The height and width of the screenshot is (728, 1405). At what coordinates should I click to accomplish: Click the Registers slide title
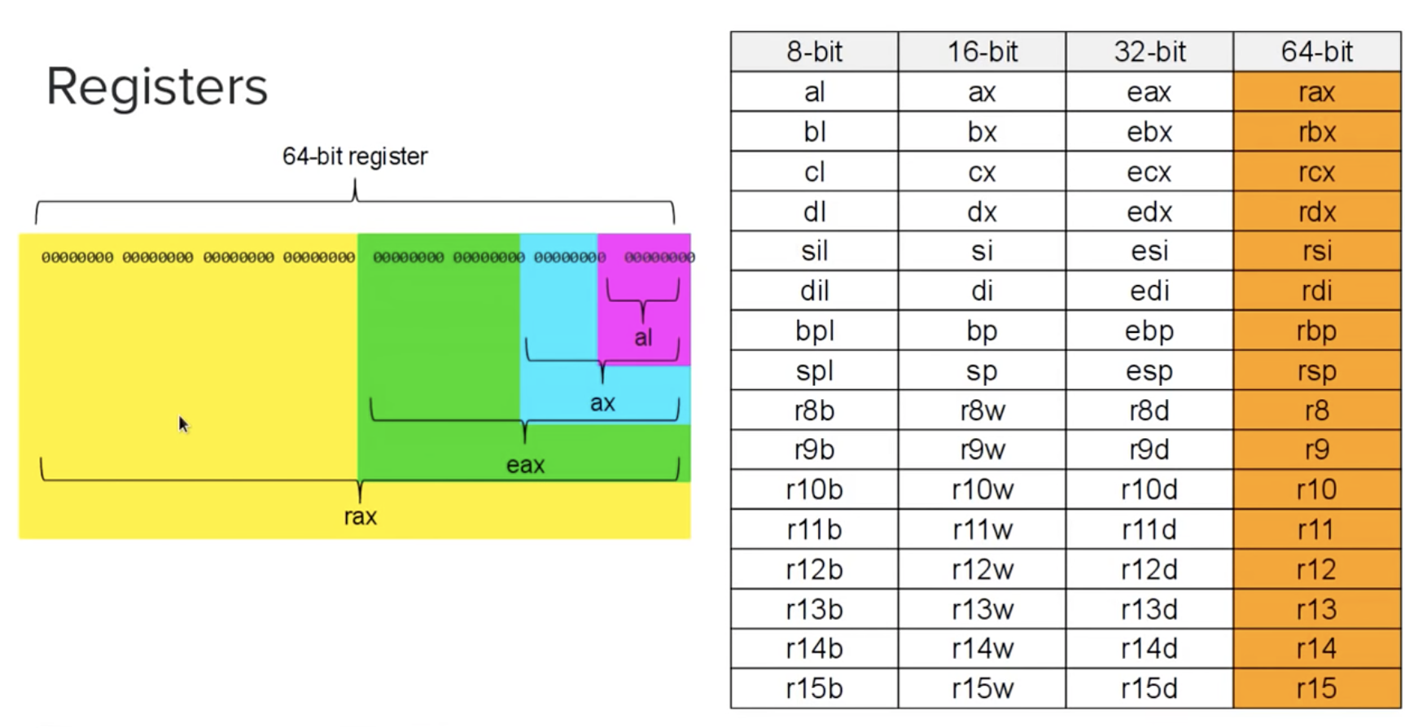[x=156, y=86]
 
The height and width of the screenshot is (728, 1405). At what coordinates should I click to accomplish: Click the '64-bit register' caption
[x=354, y=156]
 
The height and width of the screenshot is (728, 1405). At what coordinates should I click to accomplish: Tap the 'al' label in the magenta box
[x=643, y=337]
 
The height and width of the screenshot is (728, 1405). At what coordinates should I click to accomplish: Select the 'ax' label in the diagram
[x=602, y=402]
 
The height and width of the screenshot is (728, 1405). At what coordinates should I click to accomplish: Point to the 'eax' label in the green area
[x=525, y=465]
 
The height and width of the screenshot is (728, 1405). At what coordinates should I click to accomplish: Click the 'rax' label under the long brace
[x=360, y=516]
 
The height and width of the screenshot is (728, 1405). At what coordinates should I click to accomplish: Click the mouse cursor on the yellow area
[x=182, y=423]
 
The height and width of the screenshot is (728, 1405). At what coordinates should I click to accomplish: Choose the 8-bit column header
[x=814, y=52]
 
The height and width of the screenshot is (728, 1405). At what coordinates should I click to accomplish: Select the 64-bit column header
[x=1316, y=52]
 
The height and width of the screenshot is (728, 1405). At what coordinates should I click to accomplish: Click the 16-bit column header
[x=982, y=52]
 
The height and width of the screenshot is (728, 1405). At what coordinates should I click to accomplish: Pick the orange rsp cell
[x=1316, y=371]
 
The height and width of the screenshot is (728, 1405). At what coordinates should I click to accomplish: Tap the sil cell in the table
[x=814, y=251]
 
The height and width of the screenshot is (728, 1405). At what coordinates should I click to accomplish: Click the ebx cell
[x=1149, y=132]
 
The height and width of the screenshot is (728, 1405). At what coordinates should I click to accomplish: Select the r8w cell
[x=982, y=410]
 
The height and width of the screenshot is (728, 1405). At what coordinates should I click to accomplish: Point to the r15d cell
[x=1149, y=688]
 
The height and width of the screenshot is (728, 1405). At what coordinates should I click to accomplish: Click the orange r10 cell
[x=1316, y=489]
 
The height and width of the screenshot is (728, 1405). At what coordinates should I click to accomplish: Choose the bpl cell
[x=814, y=331]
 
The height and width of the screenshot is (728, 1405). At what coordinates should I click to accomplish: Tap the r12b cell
[x=814, y=569]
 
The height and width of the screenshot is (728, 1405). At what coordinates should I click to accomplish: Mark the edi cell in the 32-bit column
[x=1149, y=291]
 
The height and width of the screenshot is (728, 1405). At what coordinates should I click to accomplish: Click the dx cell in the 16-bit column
[x=982, y=212]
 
